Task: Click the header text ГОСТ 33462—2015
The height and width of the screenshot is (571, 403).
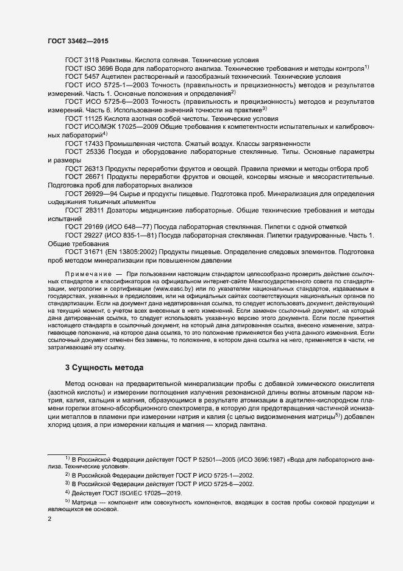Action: point(77,40)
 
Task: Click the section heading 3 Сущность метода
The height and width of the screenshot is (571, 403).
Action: point(104,368)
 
